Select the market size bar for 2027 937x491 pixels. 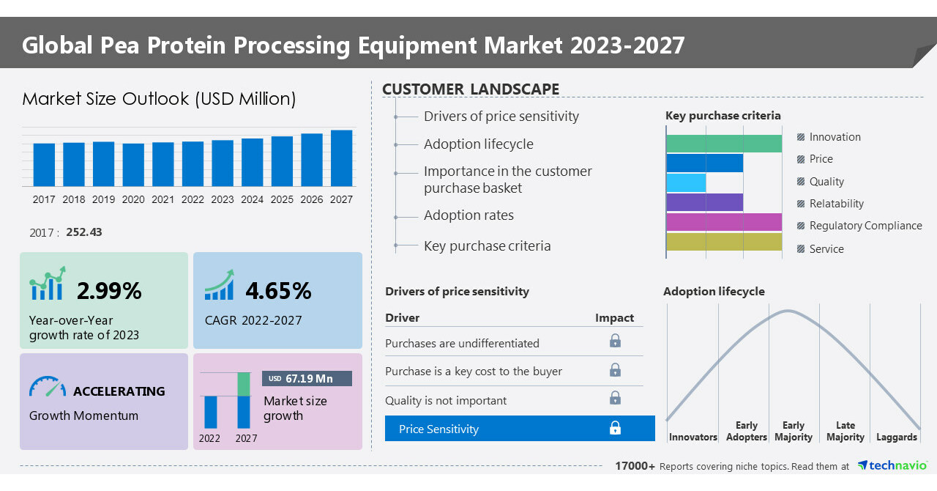click(341, 158)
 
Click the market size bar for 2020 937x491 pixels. click(133, 165)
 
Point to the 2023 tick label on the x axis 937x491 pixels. click(223, 199)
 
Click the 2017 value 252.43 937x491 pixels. click(84, 232)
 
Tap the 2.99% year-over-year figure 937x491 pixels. click(109, 291)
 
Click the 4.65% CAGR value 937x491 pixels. click(278, 291)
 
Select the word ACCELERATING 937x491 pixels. click(119, 391)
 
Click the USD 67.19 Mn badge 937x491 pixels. click(307, 378)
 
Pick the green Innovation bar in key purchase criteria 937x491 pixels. click(724, 144)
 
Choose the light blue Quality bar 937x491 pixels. click(686, 182)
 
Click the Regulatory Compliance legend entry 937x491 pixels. click(865, 226)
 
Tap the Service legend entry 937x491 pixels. click(826, 249)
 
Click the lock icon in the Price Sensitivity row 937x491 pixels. click(615, 429)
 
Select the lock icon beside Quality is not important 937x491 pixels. click(615, 398)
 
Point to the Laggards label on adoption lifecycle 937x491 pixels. click(896, 438)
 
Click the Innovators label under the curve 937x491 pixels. click(693, 438)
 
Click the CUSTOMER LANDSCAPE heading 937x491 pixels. click(471, 89)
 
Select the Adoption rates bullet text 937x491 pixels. click(468, 215)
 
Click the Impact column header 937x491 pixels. click(614, 318)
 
